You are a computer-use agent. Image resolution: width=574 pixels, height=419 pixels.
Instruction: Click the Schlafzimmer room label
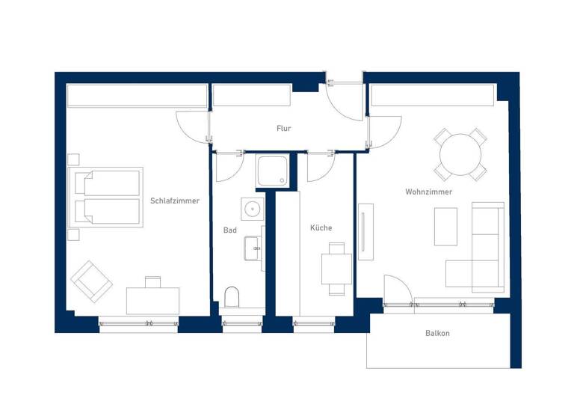click(175, 201)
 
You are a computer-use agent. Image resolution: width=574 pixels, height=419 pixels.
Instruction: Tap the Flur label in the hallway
click(283, 129)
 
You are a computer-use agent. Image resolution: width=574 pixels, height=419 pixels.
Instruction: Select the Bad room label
click(229, 230)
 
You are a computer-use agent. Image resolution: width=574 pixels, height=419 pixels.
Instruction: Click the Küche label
click(321, 227)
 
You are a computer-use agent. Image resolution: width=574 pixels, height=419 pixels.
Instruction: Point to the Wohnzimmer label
click(428, 192)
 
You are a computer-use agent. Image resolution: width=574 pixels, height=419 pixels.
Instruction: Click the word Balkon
click(437, 334)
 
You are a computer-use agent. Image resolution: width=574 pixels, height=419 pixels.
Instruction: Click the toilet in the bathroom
click(232, 296)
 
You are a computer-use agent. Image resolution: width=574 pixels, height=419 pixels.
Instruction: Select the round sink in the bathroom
click(253, 209)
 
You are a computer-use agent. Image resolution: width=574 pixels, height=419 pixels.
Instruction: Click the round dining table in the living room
click(460, 154)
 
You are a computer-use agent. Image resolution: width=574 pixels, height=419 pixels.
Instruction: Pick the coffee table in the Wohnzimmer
click(445, 226)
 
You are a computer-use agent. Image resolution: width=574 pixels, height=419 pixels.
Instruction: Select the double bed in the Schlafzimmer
click(107, 196)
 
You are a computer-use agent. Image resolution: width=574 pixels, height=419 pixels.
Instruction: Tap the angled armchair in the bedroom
click(91, 281)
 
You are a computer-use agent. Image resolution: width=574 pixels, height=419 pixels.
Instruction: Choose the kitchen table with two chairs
click(336, 269)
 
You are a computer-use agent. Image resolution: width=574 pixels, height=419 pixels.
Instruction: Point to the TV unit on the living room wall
click(365, 232)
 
